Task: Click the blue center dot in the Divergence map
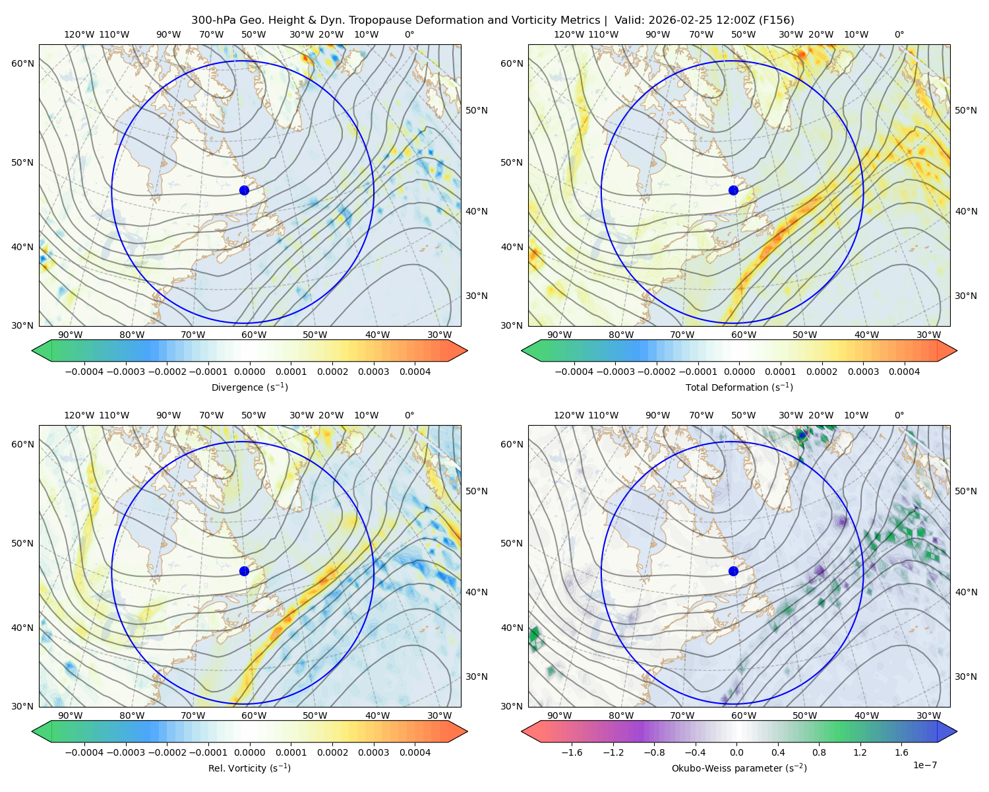244,190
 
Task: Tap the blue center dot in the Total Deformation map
733,190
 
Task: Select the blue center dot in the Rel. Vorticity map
244,571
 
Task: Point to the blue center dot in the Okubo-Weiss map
733,571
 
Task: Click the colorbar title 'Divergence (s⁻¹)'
249,387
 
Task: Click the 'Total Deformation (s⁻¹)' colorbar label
739,387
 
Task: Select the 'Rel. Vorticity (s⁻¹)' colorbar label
249,768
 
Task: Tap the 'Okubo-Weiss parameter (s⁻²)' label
739,768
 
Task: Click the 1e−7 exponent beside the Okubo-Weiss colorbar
924,765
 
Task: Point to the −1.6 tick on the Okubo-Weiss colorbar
572,752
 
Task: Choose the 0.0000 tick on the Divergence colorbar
249,372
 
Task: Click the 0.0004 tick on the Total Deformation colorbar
904,372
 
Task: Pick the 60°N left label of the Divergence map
22,63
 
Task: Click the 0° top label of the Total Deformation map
899,34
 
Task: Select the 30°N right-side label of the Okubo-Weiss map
965,676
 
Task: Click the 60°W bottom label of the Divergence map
254,335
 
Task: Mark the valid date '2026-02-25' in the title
673,20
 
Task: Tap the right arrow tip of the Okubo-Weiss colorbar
957,731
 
